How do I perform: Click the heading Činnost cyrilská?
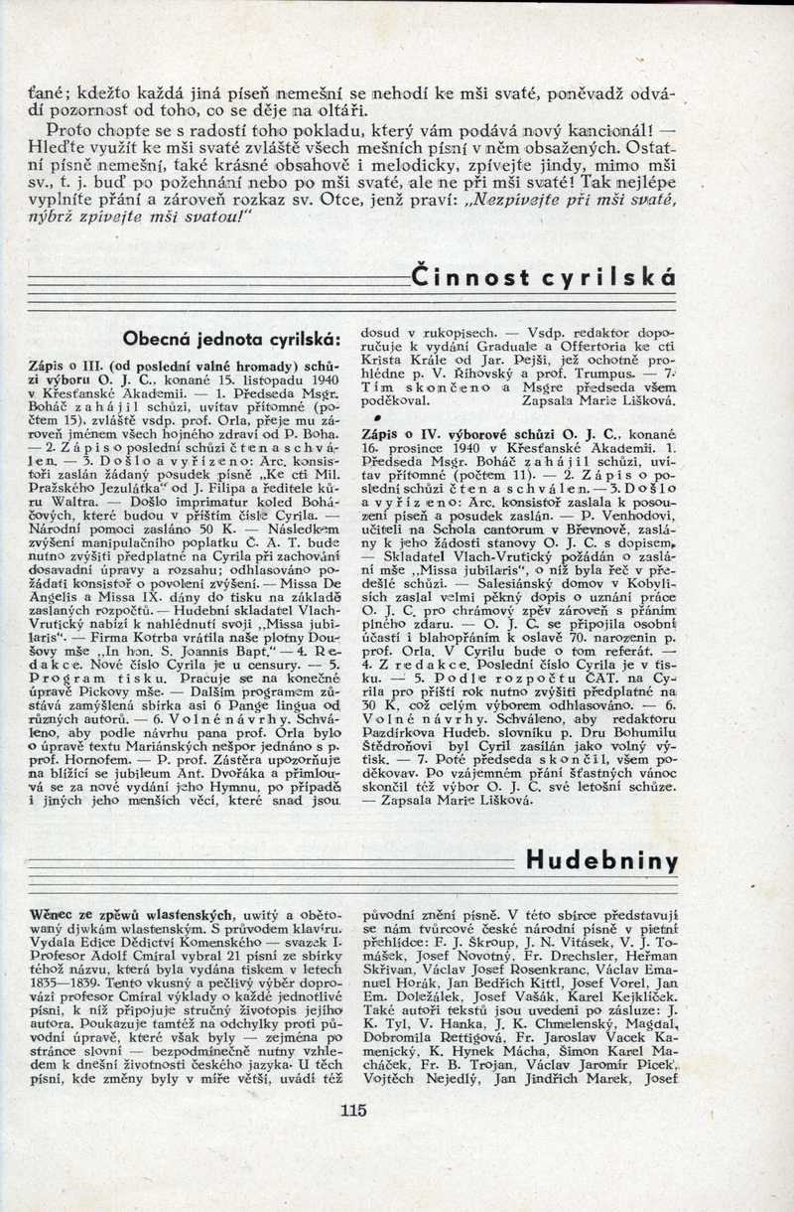click(x=543, y=278)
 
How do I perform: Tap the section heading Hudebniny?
click(x=602, y=860)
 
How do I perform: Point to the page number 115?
click(x=353, y=1111)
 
